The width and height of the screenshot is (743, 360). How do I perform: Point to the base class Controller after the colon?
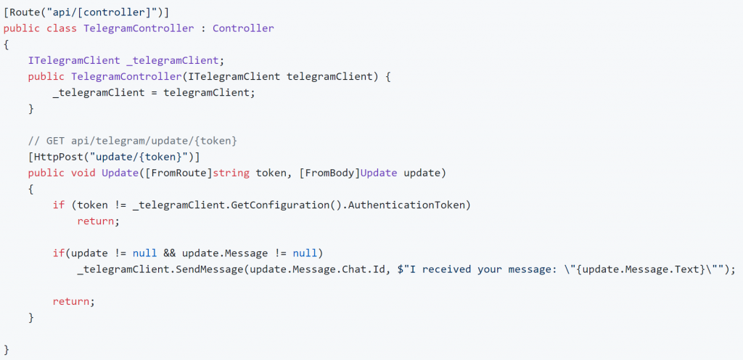point(243,28)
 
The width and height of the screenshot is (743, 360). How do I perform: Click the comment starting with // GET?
point(132,141)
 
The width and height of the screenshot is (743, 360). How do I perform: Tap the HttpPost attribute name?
point(55,157)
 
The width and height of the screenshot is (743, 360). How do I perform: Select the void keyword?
point(83,173)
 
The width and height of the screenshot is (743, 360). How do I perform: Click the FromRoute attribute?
point(178,173)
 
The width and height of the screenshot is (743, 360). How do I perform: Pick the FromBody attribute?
point(330,173)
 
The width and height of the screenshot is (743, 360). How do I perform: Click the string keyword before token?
point(231,173)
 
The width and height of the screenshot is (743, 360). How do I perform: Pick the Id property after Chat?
point(376,269)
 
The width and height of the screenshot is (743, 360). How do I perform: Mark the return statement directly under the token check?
point(96,221)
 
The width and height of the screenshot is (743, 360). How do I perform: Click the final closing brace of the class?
point(6,350)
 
